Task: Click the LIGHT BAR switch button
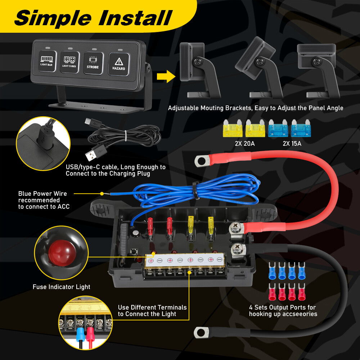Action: click(47, 61)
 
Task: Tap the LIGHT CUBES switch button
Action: click(69, 62)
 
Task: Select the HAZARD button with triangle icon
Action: click(119, 64)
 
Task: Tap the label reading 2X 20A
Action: click(245, 144)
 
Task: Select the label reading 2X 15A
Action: click(292, 144)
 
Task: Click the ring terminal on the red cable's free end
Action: click(202, 161)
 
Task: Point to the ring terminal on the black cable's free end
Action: click(202, 332)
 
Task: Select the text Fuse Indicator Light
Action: click(61, 287)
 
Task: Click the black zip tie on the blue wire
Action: click(196, 190)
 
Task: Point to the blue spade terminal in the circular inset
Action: click(80, 333)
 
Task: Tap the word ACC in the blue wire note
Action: click(63, 207)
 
